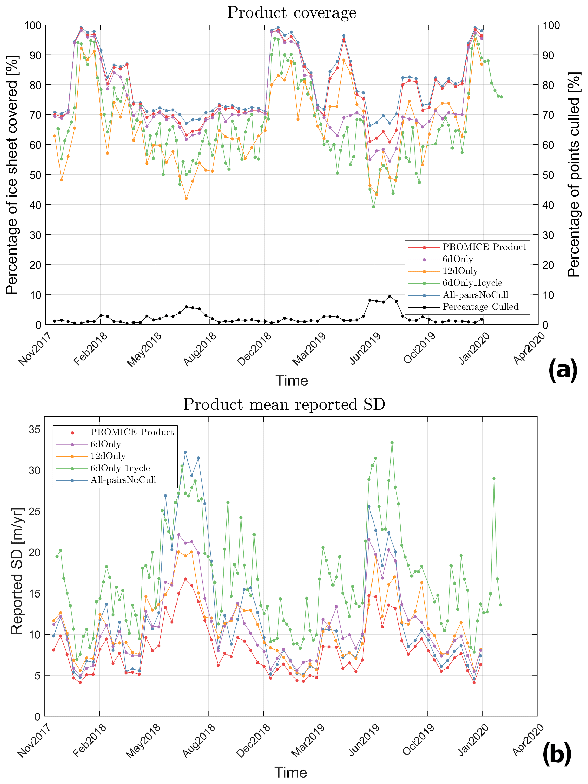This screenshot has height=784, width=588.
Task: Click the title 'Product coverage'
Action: point(291,13)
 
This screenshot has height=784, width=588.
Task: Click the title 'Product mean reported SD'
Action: point(284,404)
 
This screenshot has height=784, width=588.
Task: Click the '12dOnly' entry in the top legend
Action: point(460,271)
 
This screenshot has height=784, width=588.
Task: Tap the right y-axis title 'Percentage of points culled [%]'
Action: point(574,175)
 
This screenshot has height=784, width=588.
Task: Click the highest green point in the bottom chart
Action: point(392,443)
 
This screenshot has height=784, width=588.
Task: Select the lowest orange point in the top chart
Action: point(186,199)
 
